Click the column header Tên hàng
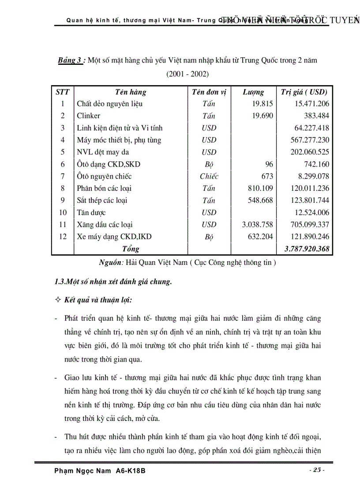pos(131,92)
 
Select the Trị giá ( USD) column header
pos(304,92)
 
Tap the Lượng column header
pos(253,92)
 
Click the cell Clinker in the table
pos(88,116)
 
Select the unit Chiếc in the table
pos(209,176)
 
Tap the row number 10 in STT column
pos(63,212)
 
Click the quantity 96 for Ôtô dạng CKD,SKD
pos(269,164)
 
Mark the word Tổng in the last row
pos(131,249)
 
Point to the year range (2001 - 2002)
pos(187,74)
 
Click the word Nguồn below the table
pos(111,263)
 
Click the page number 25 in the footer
pos(317,470)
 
